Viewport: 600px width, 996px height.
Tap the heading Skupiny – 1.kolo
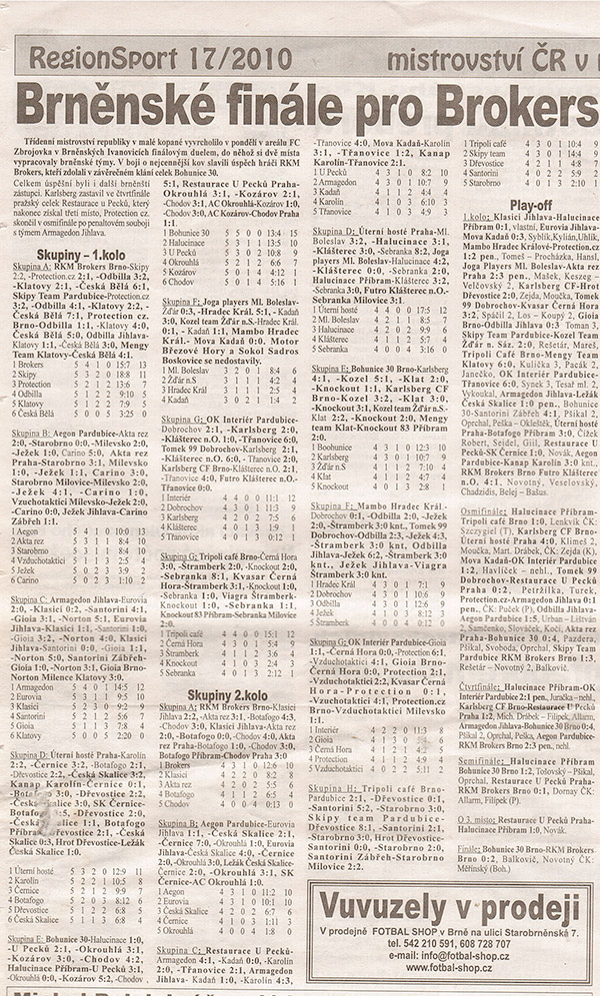point(68,256)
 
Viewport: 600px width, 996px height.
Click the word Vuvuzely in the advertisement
point(384,909)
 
